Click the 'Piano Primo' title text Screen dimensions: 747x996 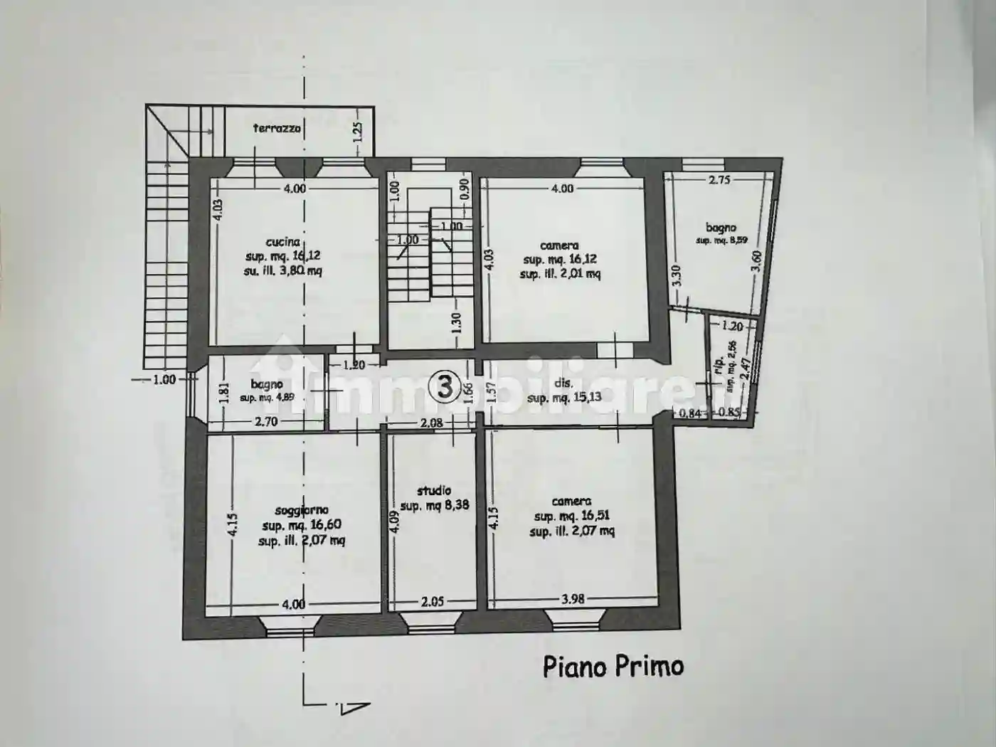point(613,667)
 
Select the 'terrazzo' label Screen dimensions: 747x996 point(277,129)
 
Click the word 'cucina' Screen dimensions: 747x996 point(283,242)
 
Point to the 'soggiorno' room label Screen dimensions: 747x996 point(302,510)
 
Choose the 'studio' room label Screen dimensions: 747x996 point(434,490)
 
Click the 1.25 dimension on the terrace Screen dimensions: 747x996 point(358,130)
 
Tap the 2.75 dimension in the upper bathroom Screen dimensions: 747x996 point(719,180)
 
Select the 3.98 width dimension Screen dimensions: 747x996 point(573,599)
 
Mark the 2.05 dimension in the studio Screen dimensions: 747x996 point(433,602)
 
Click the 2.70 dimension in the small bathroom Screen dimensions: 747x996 point(266,422)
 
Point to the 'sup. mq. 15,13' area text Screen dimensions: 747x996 point(564,397)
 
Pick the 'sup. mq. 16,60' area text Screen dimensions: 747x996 point(302,525)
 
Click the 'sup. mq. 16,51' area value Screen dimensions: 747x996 point(572,516)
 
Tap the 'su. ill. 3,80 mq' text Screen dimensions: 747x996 point(283,271)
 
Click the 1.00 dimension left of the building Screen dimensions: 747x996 point(164,379)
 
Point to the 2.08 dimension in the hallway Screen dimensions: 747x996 point(431,423)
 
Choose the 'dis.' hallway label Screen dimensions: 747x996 point(563,383)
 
